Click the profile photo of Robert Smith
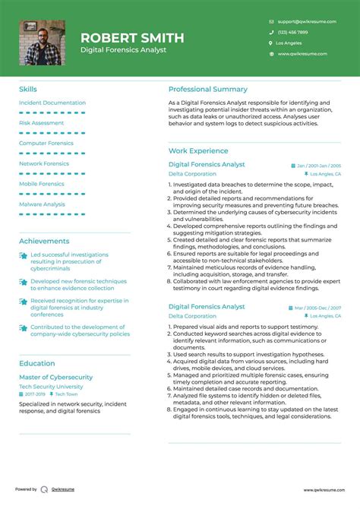[42, 43]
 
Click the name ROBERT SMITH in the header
[132, 37]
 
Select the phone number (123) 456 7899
[292, 33]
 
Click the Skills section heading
[27, 89]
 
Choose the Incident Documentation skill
[52, 103]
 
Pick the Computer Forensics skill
[46, 143]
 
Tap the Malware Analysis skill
[42, 204]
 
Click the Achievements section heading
[43, 241]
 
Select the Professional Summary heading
[207, 89]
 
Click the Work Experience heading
[198, 151]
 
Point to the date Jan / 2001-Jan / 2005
[318, 165]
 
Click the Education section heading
[36, 363]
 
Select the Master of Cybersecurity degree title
[55, 377]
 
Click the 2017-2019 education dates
[35, 394]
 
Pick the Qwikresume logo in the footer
[45, 490]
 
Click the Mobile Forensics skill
[41, 183]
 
